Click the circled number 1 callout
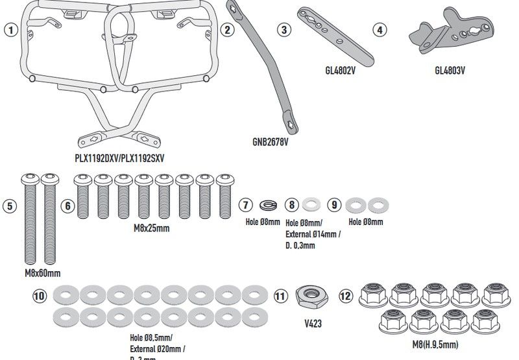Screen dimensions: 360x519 [x=10, y=30]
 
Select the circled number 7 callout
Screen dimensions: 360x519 [x=245, y=206]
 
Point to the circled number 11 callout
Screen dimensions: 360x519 [x=280, y=296]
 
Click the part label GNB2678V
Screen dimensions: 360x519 [x=271, y=139]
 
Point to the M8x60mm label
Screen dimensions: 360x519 [x=43, y=273]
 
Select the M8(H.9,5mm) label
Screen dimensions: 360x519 [x=434, y=344]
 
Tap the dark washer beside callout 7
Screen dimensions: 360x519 [x=267, y=206]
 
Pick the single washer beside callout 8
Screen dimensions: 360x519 [x=312, y=206]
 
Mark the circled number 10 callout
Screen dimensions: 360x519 [x=40, y=296]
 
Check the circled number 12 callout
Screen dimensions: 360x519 [x=346, y=296]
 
